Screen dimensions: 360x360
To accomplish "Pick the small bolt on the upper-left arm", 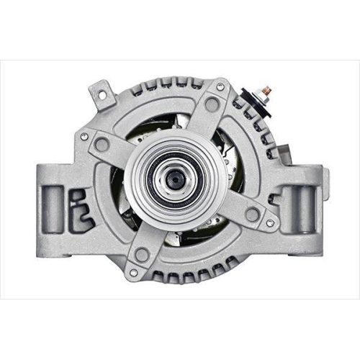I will click(x=85, y=135).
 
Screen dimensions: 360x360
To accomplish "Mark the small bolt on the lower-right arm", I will click(x=269, y=222).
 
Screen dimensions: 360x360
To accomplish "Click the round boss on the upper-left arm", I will click(x=102, y=145).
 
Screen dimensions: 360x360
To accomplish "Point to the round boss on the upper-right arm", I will click(x=211, y=104).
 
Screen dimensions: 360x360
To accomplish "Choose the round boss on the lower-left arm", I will click(x=142, y=253).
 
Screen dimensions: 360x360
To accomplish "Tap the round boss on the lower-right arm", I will click(x=252, y=214).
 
